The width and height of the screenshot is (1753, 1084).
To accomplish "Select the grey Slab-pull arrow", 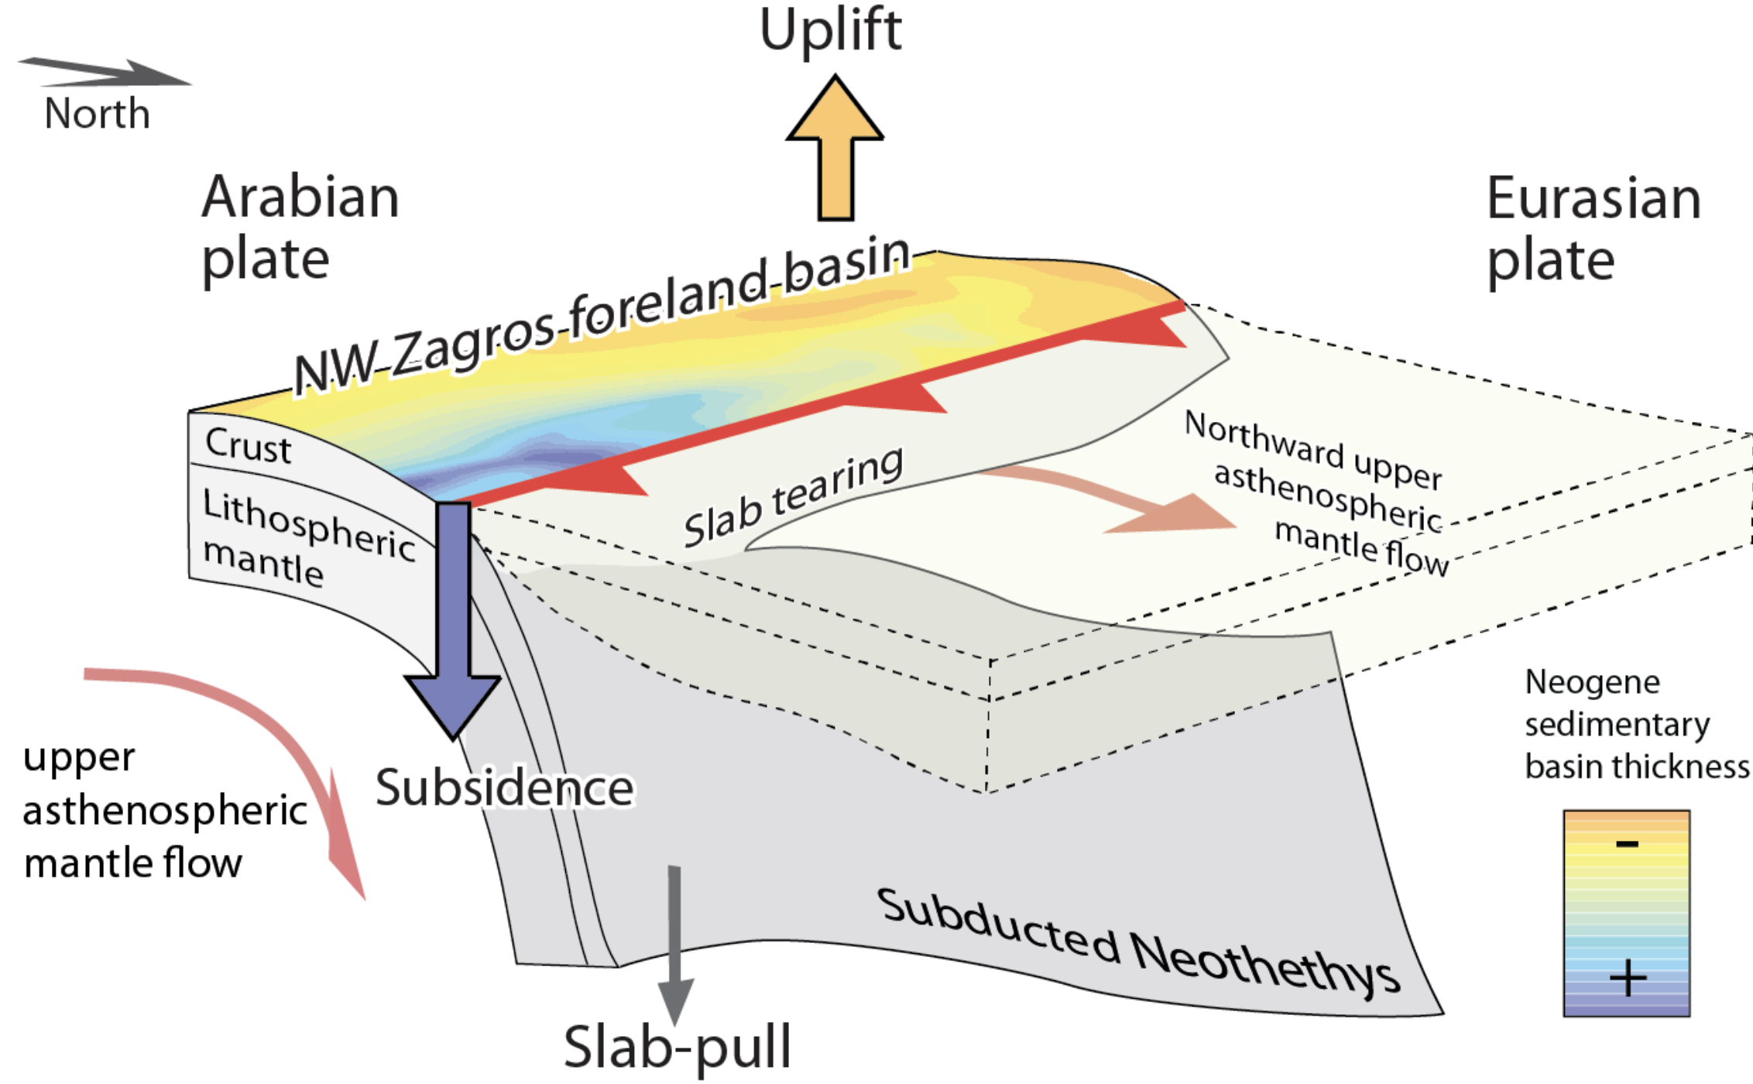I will pos(674,945).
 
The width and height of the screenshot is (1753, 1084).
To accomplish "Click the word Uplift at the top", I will pos(830,31).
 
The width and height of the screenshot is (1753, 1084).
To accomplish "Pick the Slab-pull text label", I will pos(678,1047).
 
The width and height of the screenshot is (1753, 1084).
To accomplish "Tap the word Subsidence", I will pos(505,788).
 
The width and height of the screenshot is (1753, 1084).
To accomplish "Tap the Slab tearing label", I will pos(793,498).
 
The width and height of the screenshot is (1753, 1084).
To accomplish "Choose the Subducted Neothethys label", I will pos(1138,941).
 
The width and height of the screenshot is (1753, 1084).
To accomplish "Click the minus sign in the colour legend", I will pos(1627,844).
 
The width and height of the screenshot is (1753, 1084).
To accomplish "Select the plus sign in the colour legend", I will pos(1628,978).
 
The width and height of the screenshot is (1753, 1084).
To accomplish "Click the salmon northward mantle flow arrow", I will pos(1123,499).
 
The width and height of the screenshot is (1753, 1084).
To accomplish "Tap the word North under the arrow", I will pos(97,114).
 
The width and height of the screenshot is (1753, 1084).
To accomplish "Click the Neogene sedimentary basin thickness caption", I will pos(1635,725).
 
